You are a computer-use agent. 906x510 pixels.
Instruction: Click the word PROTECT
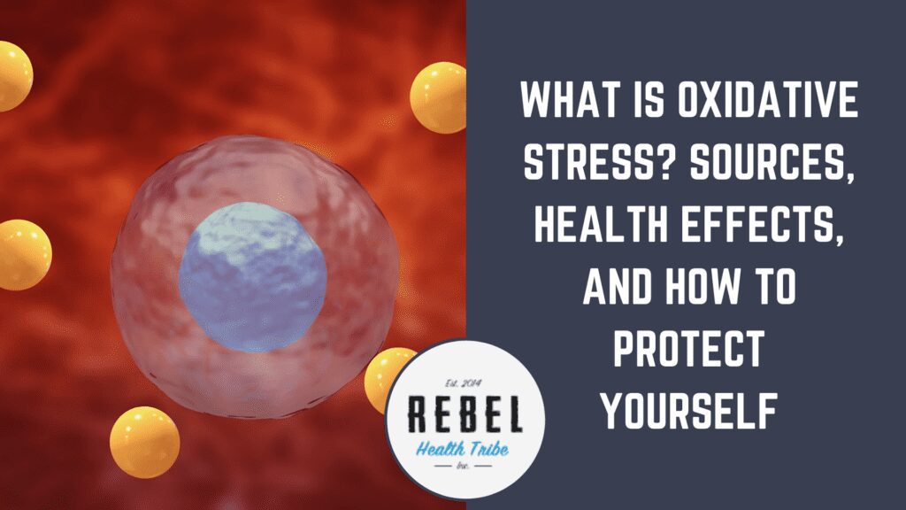pyautogui.click(x=688, y=349)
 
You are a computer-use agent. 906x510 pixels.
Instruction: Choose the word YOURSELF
pyautogui.click(x=688, y=411)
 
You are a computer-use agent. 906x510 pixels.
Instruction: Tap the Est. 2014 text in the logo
pyautogui.click(x=465, y=383)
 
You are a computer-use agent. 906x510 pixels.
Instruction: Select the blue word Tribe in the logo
pyautogui.click(x=486, y=448)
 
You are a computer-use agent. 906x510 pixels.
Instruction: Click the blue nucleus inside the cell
pyautogui.click(x=253, y=277)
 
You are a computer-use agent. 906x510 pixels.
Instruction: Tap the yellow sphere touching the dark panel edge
pyautogui.click(x=439, y=97)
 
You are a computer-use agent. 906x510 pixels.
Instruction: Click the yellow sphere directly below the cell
pyautogui.click(x=144, y=443)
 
